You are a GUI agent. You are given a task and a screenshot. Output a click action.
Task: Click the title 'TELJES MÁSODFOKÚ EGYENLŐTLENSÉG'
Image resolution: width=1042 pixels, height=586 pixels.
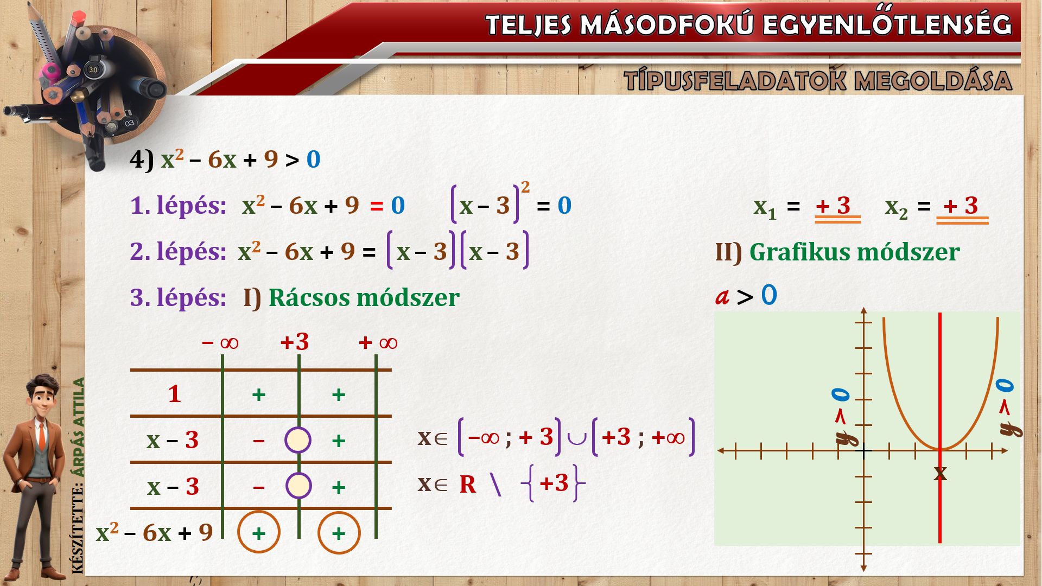[x=749, y=24]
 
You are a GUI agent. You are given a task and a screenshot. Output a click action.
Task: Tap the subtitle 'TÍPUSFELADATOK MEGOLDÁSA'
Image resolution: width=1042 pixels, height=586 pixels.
[x=818, y=80]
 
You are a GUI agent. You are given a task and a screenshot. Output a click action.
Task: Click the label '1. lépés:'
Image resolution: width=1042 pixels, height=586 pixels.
[x=178, y=206]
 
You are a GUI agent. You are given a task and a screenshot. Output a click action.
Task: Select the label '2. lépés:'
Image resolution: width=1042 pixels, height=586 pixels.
[x=178, y=252]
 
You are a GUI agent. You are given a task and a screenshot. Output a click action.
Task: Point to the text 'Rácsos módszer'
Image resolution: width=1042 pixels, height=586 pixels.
[x=364, y=297]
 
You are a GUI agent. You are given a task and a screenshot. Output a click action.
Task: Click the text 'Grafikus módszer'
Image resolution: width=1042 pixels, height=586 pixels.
[x=854, y=252]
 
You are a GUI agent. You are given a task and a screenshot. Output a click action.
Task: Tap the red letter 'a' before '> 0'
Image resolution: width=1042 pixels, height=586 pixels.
[x=722, y=297]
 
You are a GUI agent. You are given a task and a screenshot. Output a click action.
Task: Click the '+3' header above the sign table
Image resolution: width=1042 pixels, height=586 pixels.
[x=295, y=342]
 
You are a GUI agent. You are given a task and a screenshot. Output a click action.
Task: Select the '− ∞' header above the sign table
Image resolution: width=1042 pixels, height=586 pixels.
[x=220, y=342]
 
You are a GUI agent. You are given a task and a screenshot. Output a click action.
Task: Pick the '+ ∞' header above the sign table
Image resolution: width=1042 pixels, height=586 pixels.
[x=378, y=342]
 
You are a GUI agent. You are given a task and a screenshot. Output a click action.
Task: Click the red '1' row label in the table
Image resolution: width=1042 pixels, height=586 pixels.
[x=174, y=394]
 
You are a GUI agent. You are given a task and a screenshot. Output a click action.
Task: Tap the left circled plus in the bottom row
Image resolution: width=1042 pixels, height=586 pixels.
[x=259, y=532]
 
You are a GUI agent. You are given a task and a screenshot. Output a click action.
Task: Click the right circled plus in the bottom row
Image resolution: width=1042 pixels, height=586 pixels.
[x=339, y=532]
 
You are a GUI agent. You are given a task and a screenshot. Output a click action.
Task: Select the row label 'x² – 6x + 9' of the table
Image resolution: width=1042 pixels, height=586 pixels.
[x=155, y=532]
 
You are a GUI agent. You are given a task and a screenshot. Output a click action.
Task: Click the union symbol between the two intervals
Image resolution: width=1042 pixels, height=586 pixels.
[x=576, y=437]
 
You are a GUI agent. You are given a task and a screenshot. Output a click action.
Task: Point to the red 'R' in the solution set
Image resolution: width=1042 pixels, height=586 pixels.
[x=468, y=485]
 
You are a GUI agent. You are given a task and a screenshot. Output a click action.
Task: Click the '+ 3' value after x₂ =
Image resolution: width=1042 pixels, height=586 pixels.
[x=961, y=206]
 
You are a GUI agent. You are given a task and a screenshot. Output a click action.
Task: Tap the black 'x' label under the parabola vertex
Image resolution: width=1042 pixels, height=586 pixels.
[x=940, y=473]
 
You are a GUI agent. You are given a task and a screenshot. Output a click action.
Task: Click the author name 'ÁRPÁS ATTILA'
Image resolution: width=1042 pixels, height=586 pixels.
[x=79, y=427]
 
